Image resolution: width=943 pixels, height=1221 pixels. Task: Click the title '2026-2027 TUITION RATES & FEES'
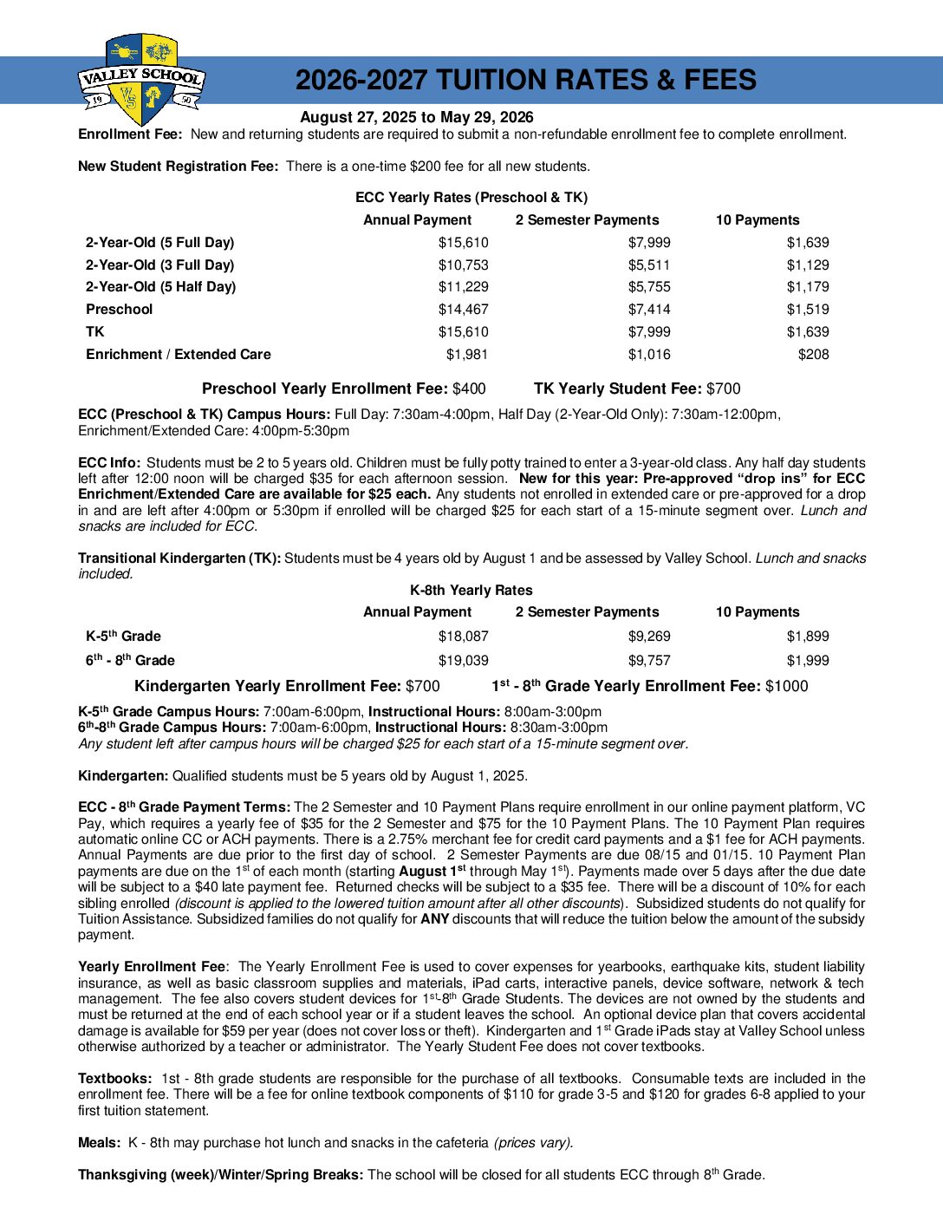coord(525,81)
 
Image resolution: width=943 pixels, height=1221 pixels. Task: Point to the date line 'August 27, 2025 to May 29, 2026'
coord(416,117)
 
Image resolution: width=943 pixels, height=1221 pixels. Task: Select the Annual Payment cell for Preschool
coord(463,310)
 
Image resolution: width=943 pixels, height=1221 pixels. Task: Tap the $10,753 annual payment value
coord(463,265)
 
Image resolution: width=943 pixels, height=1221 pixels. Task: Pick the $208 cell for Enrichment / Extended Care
coord(813,355)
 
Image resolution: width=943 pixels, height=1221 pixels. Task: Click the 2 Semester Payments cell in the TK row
coord(649,332)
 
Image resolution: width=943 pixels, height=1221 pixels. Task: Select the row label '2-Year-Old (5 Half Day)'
coord(160,287)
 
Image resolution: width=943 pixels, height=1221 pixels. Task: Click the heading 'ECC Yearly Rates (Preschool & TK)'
coord(471,198)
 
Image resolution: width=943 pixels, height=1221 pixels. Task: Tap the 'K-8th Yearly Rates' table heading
coord(471,591)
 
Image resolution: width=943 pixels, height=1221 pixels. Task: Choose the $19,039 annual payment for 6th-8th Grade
coord(463,661)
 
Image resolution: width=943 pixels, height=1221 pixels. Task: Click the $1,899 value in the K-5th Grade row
coord(807,637)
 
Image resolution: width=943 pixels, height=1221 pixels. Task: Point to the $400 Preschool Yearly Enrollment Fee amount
coord(469,389)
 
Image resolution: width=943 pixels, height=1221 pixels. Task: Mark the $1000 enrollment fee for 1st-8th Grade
coord(786,687)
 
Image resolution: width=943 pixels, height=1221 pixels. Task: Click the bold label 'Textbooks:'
coord(115,1079)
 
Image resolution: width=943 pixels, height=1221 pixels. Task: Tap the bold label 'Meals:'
coord(99,1143)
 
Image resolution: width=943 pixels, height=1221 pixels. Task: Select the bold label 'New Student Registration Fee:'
coord(178,166)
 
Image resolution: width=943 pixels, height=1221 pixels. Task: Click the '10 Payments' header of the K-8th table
coord(758,612)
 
